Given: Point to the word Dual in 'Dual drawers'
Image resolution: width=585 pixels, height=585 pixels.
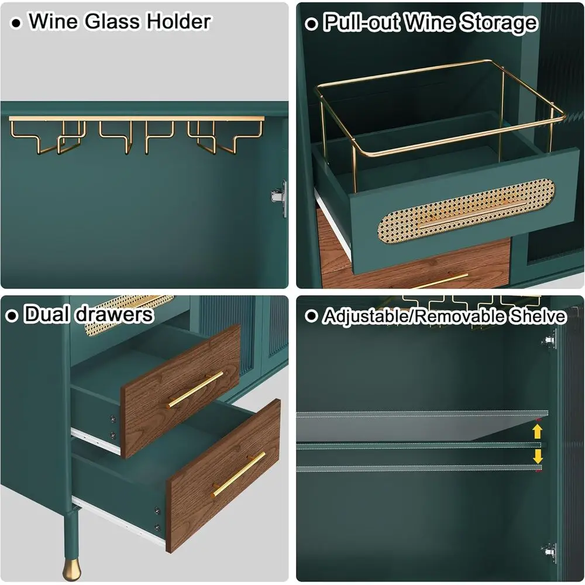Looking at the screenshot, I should click(47, 315).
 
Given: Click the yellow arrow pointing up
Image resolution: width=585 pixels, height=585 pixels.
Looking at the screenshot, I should click(537, 432).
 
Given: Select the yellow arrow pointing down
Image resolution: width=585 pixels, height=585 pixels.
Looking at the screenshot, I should click(537, 456).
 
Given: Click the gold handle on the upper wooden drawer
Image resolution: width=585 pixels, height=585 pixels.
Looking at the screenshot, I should click(196, 389).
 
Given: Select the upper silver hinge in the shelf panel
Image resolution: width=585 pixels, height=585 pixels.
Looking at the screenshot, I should click(550, 339).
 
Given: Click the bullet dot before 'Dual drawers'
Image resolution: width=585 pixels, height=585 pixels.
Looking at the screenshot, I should click(12, 316).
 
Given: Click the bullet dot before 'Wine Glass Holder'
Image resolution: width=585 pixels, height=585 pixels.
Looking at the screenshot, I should click(17, 23).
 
